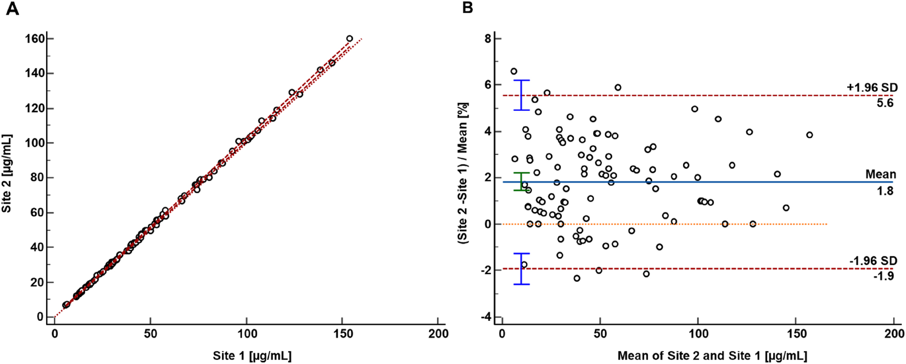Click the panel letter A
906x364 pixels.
click(12, 8)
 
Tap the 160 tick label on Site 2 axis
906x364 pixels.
click(35, 39)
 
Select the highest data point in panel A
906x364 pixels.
click(349, 39)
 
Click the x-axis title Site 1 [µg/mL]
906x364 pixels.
click(252, 355)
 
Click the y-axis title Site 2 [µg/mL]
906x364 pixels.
click(7, 174)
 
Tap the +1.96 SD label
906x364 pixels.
click(872, 87)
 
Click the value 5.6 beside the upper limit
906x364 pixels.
click(885, 103)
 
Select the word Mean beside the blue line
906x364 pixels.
click(880, 174)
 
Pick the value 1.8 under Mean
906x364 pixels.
click(885, 191)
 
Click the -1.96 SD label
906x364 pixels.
click(873, 261)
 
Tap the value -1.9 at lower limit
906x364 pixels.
click(883, 276)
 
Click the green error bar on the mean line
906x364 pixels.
click(522, 181)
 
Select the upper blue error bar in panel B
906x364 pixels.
click(522, 95)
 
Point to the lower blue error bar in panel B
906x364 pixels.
click(522, 268)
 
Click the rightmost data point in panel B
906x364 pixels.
click(809, 135)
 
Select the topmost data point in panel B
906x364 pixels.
click(513, 72)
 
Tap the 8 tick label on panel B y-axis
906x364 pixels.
click(488, 39)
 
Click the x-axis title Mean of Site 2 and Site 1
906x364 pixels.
click(712, 356)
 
